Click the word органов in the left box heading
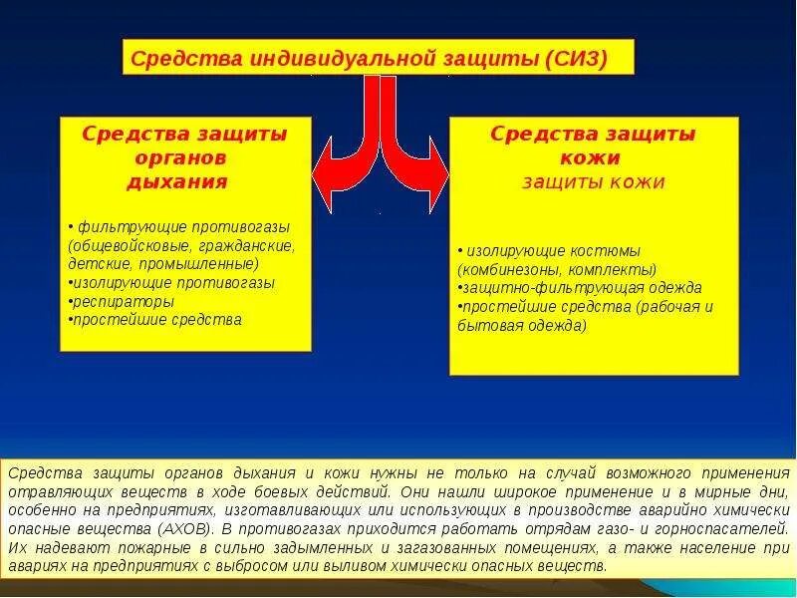(185, 157)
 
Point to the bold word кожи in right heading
(595, 157)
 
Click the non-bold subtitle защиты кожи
(595, 182)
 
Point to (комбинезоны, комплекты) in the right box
(557, 269)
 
